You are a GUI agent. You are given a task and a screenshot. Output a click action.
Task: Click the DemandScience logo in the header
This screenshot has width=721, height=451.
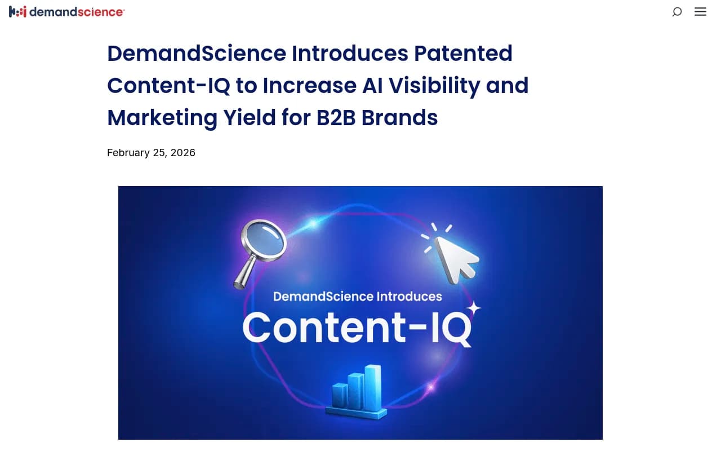[66, 11]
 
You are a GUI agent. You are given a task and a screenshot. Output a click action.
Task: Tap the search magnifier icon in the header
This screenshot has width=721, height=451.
[677, 11]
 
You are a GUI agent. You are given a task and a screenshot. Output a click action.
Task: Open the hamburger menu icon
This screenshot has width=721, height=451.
[700, 11]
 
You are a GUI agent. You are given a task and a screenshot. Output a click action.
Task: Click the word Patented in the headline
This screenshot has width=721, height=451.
[463, 54]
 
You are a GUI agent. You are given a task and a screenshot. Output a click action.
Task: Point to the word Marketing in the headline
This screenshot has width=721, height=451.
[162, 118]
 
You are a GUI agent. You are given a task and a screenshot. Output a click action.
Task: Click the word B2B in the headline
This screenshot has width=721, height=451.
[336, 118]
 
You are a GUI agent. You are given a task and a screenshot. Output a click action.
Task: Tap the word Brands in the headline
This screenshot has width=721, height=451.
[399, 118]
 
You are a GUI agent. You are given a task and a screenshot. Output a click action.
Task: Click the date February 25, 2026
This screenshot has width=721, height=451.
[151, 153]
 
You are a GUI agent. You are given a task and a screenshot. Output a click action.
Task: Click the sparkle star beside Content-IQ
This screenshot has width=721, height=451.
[474, 308]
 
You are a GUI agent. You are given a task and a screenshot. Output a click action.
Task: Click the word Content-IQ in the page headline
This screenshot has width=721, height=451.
[167, 86]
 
